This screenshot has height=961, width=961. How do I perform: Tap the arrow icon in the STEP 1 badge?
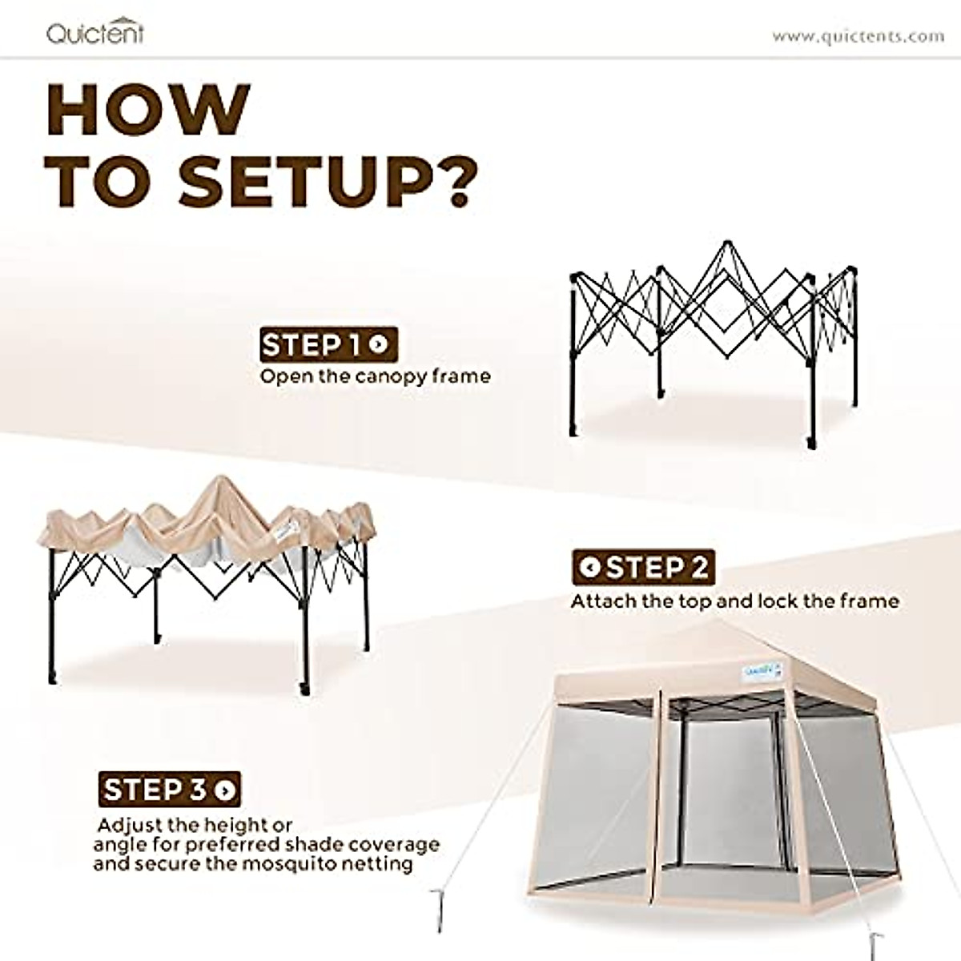380,345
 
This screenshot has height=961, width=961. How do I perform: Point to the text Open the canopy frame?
375,376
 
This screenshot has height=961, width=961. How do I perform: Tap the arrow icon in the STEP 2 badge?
591,568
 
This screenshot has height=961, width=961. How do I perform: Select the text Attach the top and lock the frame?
734,601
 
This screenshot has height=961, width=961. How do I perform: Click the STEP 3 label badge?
170,789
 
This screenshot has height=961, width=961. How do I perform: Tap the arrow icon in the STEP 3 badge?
226,790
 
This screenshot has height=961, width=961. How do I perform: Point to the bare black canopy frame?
713,336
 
